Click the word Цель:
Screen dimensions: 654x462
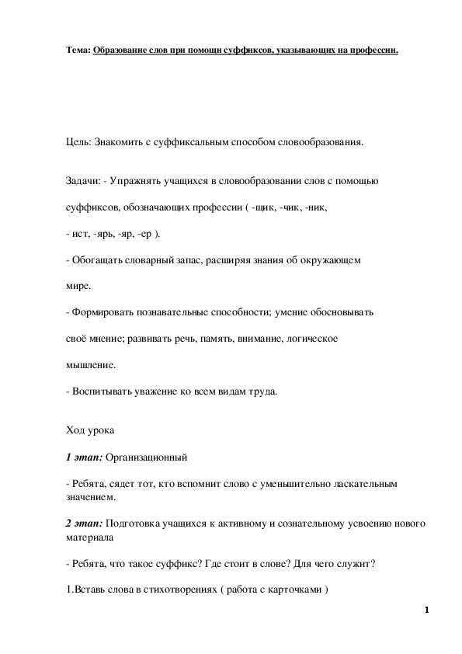pyautogui.click(x=78, y=143)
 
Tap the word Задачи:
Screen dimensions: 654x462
pyautogui.click(x=82, y=181)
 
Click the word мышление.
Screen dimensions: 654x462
pyautogui.click(x=90, y=364)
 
